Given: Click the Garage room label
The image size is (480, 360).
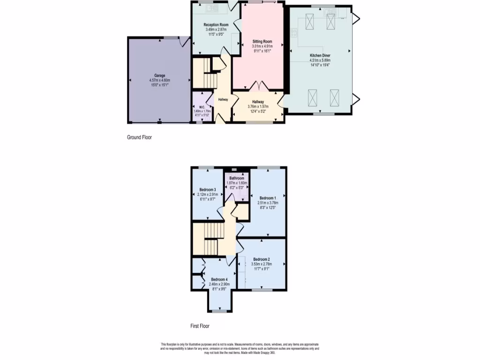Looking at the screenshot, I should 159,75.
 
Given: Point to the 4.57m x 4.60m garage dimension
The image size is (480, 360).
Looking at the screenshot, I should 159,80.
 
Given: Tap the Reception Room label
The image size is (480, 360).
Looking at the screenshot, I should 216,25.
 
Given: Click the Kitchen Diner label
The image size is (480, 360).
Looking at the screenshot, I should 320,55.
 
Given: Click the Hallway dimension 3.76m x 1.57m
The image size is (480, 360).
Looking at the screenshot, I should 258,106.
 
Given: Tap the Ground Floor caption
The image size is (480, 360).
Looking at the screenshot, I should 139,137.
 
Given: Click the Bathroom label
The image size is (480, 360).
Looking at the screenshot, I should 237,178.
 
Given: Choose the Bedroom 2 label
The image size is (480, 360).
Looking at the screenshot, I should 262,259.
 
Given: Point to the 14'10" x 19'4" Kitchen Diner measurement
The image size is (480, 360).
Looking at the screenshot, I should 320,65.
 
